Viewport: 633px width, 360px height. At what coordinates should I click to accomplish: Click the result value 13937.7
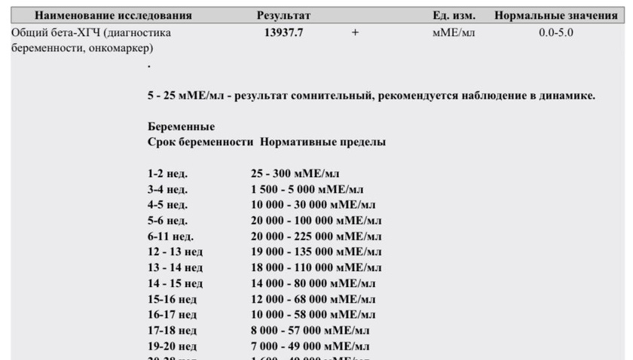[x=284, y=33]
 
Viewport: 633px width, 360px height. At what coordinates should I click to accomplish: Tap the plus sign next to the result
[x=355, y=33]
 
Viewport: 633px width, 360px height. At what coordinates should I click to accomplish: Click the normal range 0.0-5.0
[x=556, y=33]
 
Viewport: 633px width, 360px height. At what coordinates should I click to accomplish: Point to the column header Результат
[x=283, y=15]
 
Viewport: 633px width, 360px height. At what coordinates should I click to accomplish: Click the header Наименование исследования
[x=113, y=15]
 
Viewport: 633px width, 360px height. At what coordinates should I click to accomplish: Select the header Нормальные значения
[x=555, y=15]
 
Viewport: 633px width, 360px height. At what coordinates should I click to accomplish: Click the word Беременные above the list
[x=181, y=127]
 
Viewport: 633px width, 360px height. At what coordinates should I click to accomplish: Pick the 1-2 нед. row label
[x=167, y=173]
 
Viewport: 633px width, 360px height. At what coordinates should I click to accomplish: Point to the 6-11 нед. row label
[x=170, y=236]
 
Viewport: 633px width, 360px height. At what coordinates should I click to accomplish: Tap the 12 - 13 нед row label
[x=175, y=252]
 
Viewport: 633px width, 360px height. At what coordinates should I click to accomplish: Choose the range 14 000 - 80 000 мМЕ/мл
[x=313, y=283]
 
